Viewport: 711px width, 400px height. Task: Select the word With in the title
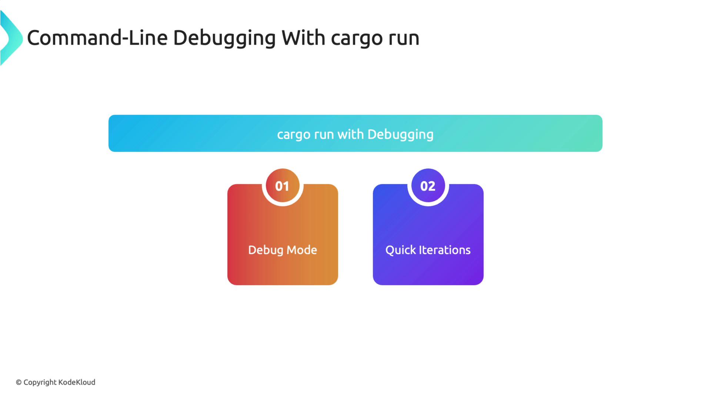click(x=303, y=38)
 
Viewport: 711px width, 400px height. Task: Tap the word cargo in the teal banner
click(x=294, y=135)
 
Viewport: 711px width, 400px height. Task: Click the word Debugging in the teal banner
click(x=401, y=135)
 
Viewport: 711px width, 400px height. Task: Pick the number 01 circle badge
click(x=282, y=186)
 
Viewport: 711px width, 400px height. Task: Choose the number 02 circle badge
click(x=428, y=186)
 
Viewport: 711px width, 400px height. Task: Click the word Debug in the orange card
click(x=266, y=250)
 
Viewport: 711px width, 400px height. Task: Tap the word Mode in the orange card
click(x=302, y=250)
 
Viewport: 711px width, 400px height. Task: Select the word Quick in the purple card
click(x=401, y=250)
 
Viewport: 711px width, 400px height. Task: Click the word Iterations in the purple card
click(x=444, y=250)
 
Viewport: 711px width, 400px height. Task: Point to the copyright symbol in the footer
click(x=19, y=383)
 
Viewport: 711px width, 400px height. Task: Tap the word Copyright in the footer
click(x=40, y=383)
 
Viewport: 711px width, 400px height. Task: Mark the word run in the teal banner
click(x=324, y=135)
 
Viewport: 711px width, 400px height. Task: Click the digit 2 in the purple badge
click(x=432, y=186)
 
